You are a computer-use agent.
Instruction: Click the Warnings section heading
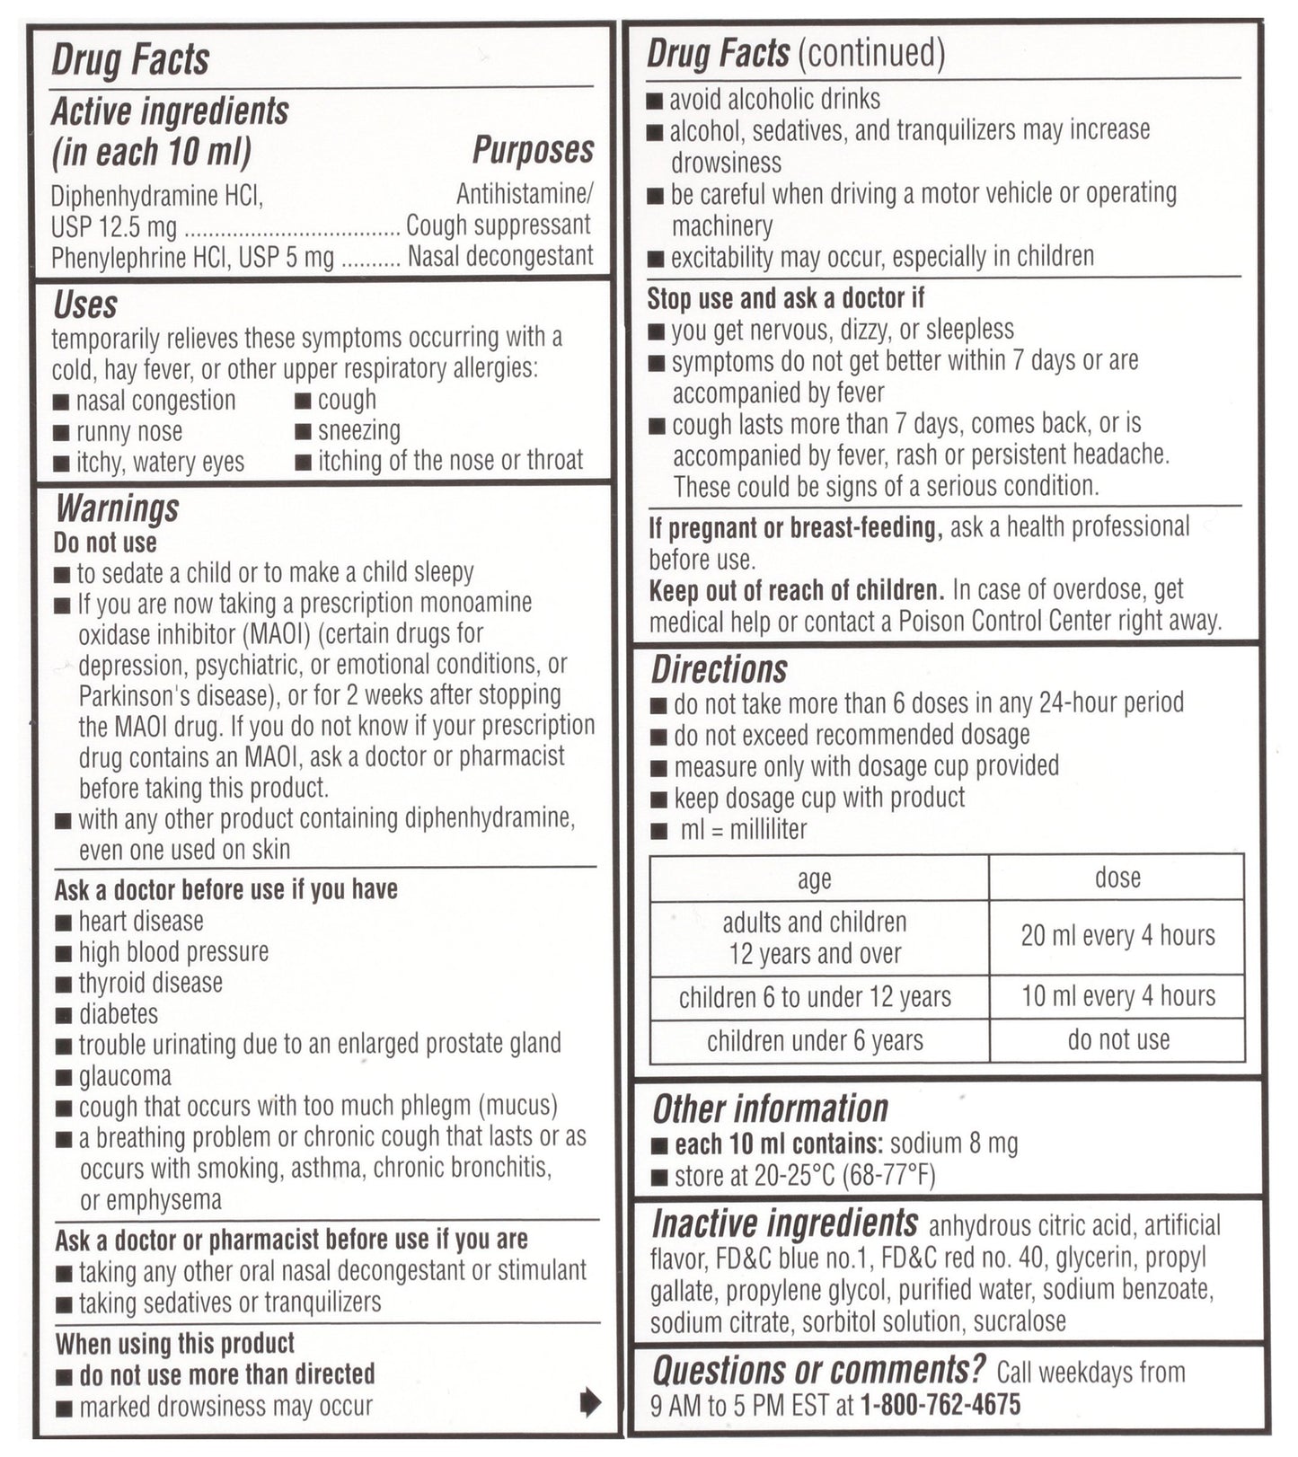click(117, 509)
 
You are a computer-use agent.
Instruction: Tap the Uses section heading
click(84, 305)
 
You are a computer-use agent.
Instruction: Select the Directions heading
click(719, 670)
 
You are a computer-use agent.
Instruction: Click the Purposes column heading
click(533, 150)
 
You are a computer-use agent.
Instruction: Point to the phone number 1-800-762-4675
click(940, 1405)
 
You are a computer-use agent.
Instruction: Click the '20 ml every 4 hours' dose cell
click(1117, 936)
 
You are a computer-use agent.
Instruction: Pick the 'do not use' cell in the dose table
click(1118, 1040)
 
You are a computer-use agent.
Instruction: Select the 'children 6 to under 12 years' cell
click(815, 997)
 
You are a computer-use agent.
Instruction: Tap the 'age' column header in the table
click(814, 879)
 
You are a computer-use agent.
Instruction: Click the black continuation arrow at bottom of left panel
click(590, 1401)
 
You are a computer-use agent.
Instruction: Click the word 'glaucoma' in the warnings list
click(125, 1076)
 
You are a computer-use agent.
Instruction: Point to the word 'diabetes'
click(119, 1014)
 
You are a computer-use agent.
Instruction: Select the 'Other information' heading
click(770, 1109)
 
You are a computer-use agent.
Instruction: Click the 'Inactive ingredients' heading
click(784, 1223)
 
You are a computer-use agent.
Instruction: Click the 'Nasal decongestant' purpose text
click(500, 257)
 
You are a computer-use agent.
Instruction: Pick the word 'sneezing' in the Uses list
click(359, 431)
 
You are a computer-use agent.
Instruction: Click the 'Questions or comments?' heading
click(818, 1371)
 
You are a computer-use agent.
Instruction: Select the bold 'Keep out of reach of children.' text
click(796, 590)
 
